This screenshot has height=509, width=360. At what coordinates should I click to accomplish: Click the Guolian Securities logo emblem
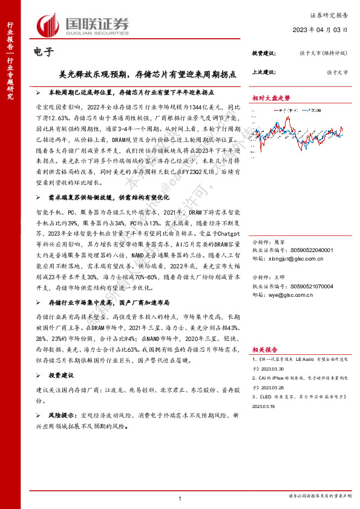[47, 24]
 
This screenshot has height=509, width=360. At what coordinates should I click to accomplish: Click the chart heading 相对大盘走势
[271, 97]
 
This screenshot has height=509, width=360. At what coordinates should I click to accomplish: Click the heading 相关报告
[266, 349]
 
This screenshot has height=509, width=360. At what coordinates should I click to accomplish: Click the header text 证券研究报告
[331, 14]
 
